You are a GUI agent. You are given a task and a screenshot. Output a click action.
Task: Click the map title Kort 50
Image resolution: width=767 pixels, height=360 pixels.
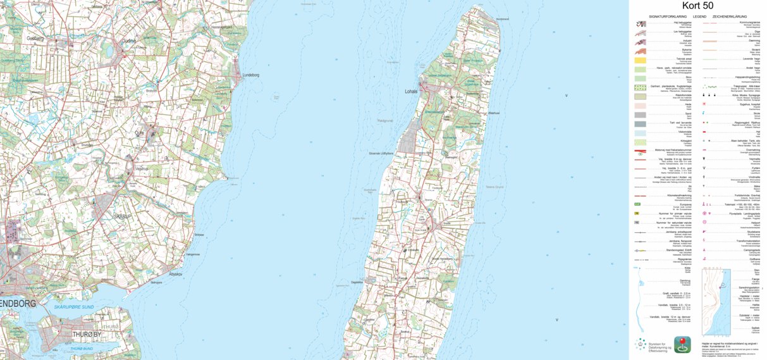pyautogui.click(x=698, y=6)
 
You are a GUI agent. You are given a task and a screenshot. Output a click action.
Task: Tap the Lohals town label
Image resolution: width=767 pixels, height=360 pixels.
pyautogui.click(x=411, y=91)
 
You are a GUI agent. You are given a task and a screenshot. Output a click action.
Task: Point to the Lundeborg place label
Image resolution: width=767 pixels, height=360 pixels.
pyautogui.click(x=251, y=75)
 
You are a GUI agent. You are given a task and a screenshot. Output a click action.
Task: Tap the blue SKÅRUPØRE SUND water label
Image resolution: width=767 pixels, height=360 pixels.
pyautogui.click(x=74, y=307)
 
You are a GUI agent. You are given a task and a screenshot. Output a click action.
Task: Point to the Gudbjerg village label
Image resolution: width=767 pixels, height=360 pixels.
pyautogui.click(x=37, y=38)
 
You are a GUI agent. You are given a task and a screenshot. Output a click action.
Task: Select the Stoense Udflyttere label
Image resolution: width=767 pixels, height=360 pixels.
pyautogui.click(x=381, y=153)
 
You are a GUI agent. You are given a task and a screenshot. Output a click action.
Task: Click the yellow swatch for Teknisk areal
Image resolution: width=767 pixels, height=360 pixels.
pyautogui.click(x=640, y=60)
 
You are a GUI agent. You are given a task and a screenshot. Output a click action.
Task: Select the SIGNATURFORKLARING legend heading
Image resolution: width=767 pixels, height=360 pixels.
pyautogui.click(x=668, y=16)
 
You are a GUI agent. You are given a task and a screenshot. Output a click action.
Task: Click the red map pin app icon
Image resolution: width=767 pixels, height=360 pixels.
pyautogui.click(x=682, y=344)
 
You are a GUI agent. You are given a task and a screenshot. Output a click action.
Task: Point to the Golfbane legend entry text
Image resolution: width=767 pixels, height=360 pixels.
pyautogui.click(x=754, y=258)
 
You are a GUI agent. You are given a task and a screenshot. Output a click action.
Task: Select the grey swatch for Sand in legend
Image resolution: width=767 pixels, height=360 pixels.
pyautogui.click(x=640, y=115)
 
